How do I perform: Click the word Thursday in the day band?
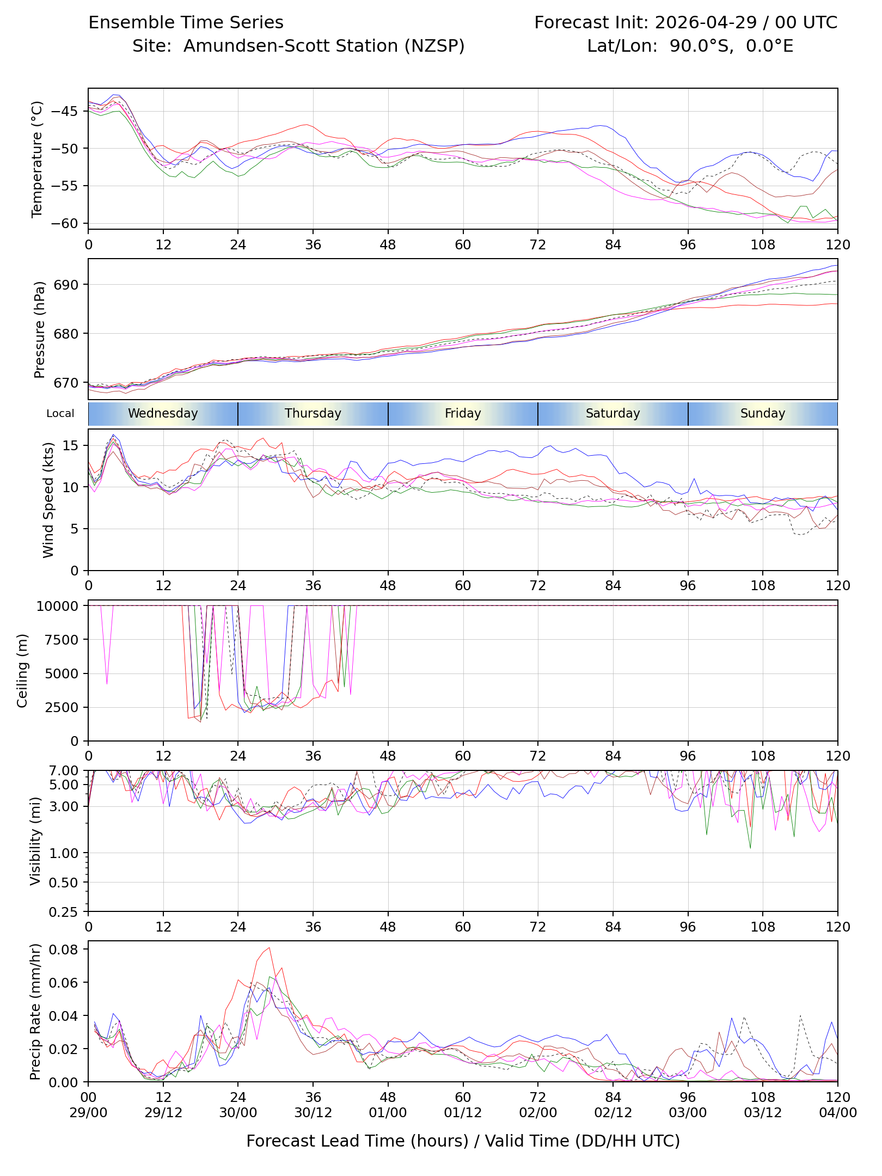coord(313,413)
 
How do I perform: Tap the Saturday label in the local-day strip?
coord(613,413)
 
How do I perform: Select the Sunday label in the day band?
coord(763,413)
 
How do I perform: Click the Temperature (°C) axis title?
coord(37,159)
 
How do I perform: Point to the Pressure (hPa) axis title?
coord(39,329)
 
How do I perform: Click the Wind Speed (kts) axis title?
coord(48,500)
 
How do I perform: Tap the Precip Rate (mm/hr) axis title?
coord(35,1012)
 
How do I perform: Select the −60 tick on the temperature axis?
coord(64,223)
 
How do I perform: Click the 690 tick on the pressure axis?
coord(66,285)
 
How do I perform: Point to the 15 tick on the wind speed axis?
coord(71,445)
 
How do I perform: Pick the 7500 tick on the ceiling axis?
coord(62,640)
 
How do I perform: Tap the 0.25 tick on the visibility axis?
coord(64,912)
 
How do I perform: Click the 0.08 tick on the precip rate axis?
coord(64,949)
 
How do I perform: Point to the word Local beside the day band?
coord(60,413)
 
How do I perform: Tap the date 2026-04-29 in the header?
coord(706,22)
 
